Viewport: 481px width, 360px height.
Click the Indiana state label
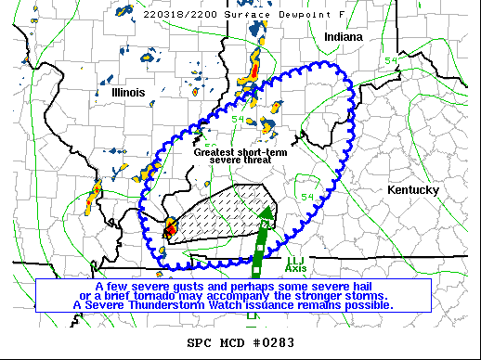tap(344, 36)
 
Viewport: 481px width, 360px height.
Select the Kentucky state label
tap(412, 189)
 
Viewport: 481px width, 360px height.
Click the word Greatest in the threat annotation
tap(218, 151)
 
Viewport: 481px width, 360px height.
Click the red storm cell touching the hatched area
tap(171, 227)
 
